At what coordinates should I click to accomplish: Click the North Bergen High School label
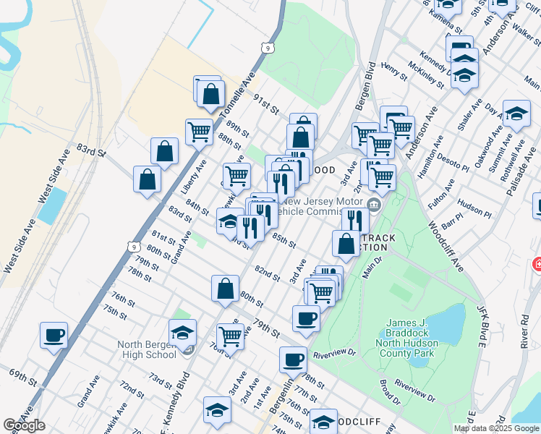147,349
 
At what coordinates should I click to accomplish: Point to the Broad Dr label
388,391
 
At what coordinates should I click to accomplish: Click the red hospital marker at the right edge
537,265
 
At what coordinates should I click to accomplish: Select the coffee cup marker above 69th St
54,336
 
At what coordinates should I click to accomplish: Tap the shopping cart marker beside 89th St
199,132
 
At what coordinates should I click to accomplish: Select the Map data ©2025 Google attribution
496,428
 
